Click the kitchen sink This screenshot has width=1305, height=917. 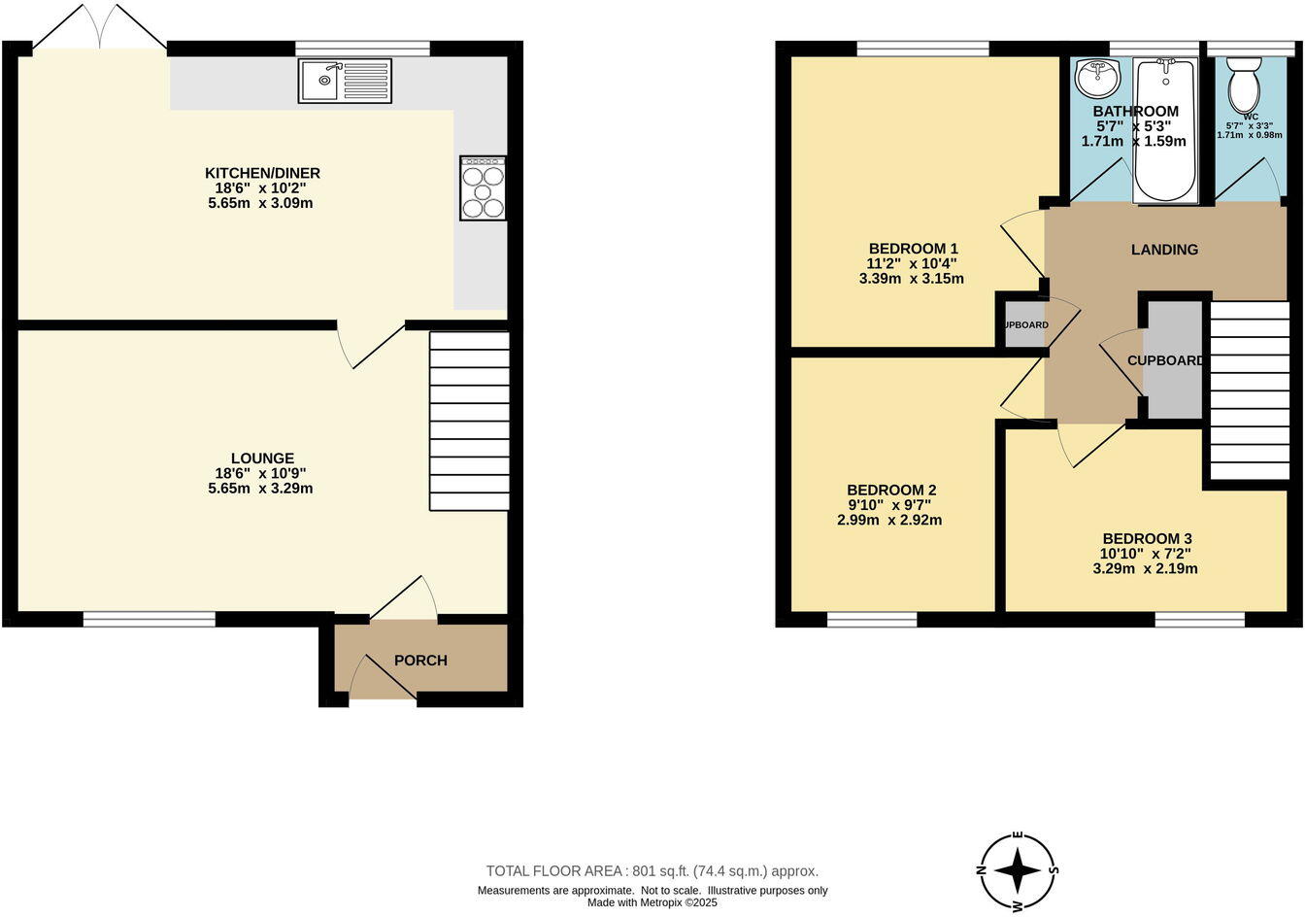pyautogui.click(x=345, y=81)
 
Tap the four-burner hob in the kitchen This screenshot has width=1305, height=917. pyautogui.click(x=483, y=187)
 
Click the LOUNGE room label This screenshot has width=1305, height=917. pyautogui.click(x=262, y=458)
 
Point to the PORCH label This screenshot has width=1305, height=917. pyautogui.click(x=420, y=661)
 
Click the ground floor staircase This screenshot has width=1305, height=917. pyautogui.click(x=470, y=421)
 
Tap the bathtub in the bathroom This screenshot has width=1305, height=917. pyautogui.click(x=1165, y=130)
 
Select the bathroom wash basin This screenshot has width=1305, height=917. pyautogui.click(x=1098, y=77)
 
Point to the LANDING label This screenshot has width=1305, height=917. pyautogui.click(x=1164, y=250)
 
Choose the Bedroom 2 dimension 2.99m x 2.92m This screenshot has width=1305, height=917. pyautogui.click(x=889, y=520)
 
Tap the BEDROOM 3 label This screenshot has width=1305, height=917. pyautogui.click(x=1147, y=538)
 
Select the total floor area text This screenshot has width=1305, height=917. pyautogui.click(x=652, y=871)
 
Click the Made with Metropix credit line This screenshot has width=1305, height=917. pyautogui.click(x=652, y=902)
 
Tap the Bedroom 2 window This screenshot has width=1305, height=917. pyautogui.click(x=872, y=620)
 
